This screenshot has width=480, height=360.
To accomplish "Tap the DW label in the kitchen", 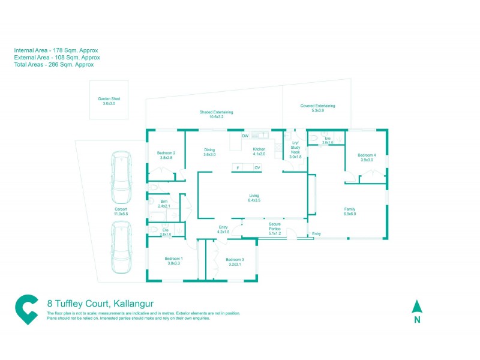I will (x=245, y=136).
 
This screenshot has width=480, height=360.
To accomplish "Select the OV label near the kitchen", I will (x=257, y=168).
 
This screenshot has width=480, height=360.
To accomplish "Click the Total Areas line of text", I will (x=53, y=64).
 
